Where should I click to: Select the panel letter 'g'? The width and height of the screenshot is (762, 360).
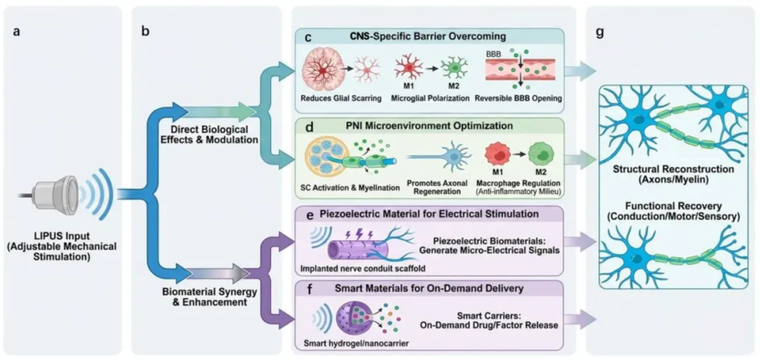(x=600, y=32)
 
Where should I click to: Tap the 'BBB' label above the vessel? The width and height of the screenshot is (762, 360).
(x=492, y=53)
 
